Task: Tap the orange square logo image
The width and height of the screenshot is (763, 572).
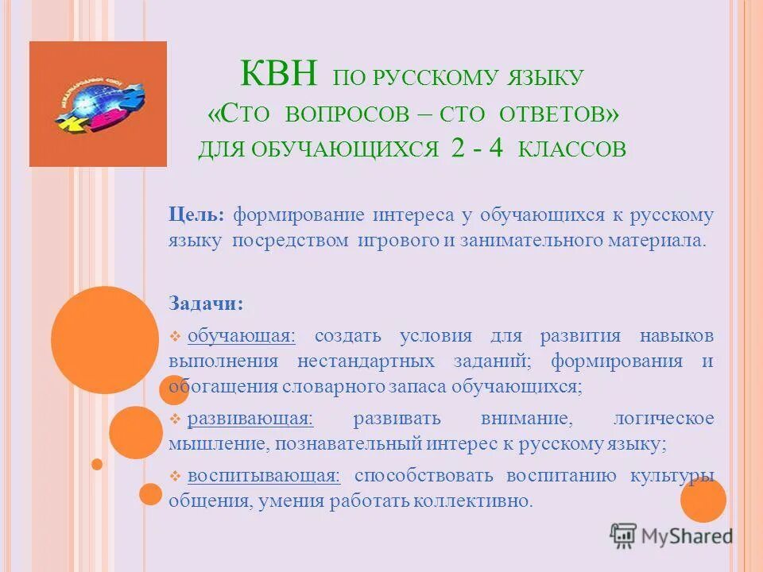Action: click(98, 104)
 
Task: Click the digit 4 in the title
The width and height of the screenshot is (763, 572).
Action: click(495, 149)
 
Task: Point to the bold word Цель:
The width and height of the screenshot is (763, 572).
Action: click(196, 215)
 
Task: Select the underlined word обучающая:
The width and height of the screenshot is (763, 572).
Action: click(242, 336)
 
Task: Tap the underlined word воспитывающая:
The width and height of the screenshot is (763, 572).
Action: click(264, 476)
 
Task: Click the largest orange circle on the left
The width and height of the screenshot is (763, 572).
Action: click(105, 340)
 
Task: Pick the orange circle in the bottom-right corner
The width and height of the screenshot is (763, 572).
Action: click(703, 500)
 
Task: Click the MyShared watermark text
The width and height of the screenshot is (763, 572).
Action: click(685, 536)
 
